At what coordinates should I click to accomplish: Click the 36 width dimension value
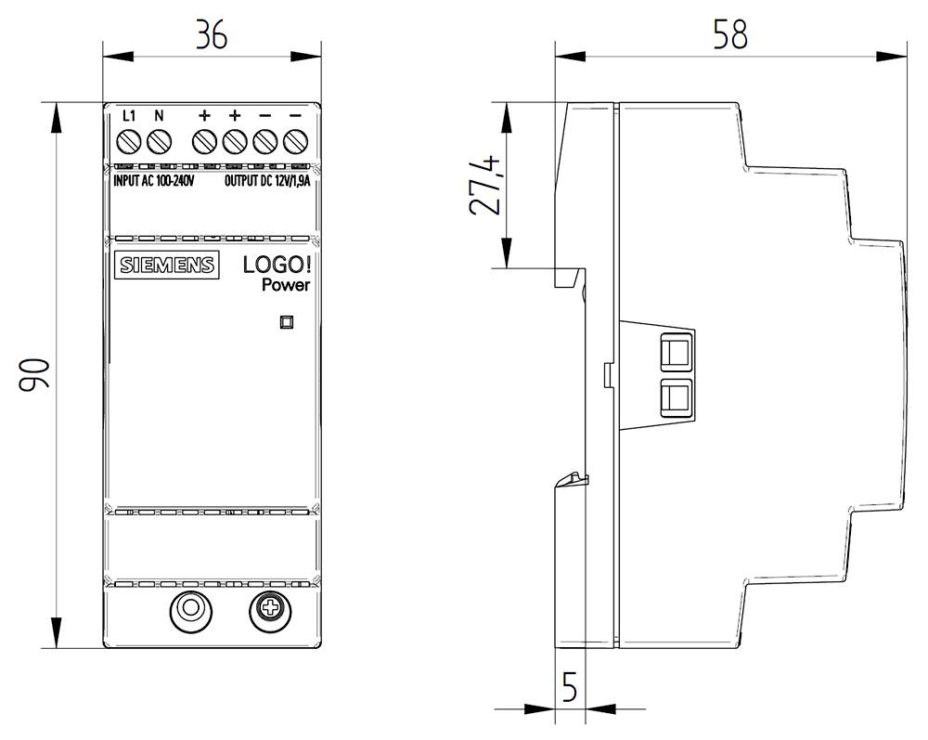point(211,34)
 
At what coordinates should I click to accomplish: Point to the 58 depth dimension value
point(729,34)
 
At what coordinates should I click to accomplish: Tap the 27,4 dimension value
point(485,186)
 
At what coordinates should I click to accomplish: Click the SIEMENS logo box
point(166,265)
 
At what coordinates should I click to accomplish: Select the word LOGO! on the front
point(277,265)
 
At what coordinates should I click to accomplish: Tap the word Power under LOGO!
point(285,286)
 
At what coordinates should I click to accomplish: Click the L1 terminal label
point(130,116)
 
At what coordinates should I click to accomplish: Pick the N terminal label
point(159,116)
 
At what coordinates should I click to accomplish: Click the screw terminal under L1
point(130,142)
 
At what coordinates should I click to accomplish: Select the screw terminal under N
point(160,142)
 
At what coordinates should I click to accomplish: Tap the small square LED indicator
point(287,322)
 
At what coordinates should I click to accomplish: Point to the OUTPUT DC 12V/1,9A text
point(268,181)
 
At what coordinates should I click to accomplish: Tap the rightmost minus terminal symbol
point(295,116)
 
